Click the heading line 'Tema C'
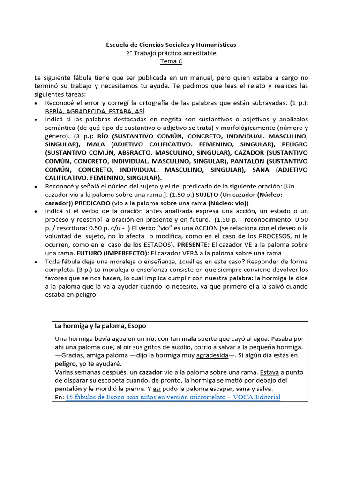point(171,61)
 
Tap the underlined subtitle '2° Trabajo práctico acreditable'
point(171,53)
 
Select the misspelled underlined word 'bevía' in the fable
point(104,338)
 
